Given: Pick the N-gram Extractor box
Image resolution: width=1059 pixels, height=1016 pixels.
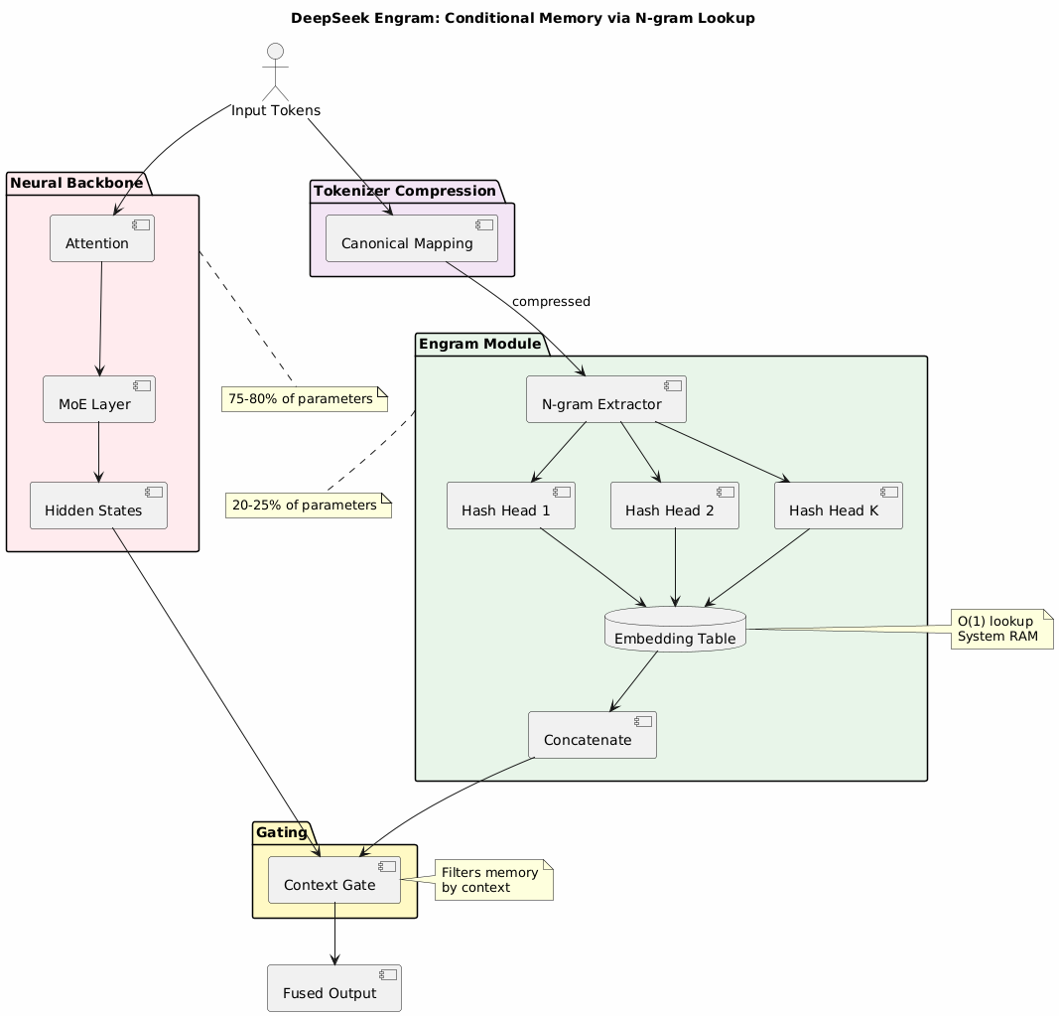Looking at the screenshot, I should click(605, 399).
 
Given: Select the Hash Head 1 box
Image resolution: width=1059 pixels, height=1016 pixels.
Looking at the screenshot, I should click(511, 506).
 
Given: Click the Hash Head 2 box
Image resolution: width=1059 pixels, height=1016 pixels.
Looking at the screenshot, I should click(675, 506).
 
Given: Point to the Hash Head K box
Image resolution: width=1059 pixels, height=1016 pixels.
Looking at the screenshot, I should click(839, 506).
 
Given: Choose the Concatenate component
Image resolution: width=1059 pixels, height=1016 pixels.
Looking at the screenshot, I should click(593, 735).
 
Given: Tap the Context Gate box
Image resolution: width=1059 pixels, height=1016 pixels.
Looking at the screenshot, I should click(334, 880).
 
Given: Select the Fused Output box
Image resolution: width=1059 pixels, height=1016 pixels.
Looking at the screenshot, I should click(334, 987).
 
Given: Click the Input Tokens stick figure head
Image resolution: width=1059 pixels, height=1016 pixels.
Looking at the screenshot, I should click(275, 52).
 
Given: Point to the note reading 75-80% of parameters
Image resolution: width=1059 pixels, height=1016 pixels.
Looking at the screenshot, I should click(304, 399).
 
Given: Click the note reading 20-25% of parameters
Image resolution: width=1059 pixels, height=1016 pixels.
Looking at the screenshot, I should click(309, 506).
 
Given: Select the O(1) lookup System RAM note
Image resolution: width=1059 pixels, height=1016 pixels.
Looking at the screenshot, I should click(1001, 629).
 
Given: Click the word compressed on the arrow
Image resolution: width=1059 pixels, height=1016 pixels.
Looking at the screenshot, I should click(551, 302).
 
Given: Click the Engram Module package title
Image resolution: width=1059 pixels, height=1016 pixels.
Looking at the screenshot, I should click(479, 345).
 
